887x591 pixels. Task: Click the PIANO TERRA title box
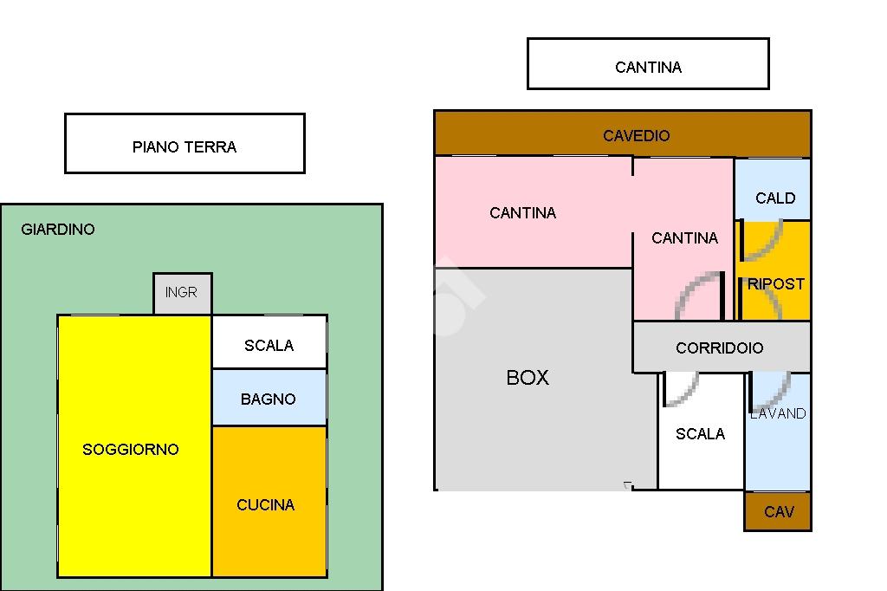(x=185, y=143)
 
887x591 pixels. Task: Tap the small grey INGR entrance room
(x=183, y=293)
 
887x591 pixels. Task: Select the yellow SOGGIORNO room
(x=134, y=446)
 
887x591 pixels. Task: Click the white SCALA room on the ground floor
(x=269, y=341)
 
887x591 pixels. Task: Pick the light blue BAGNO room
(x=269, y=398)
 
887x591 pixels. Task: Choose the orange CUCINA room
(x=269, y=502)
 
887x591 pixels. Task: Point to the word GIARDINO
(x=58, y=230)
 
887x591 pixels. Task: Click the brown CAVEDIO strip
(x=623, y=133)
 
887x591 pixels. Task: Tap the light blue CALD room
(x=773, y=189)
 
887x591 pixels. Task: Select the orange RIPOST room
(x=774, y=270)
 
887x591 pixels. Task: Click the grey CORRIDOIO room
(x=722, y=347)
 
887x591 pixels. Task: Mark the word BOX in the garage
(x=528, y=378)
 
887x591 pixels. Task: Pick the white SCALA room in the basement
(x=701, y=431)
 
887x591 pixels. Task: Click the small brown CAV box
(x=778, y=511)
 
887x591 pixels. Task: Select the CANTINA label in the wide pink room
(x=522, y=213)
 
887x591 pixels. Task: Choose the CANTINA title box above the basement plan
(x=648, y=63)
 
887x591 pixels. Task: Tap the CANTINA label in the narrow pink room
(x=684, y=237)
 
